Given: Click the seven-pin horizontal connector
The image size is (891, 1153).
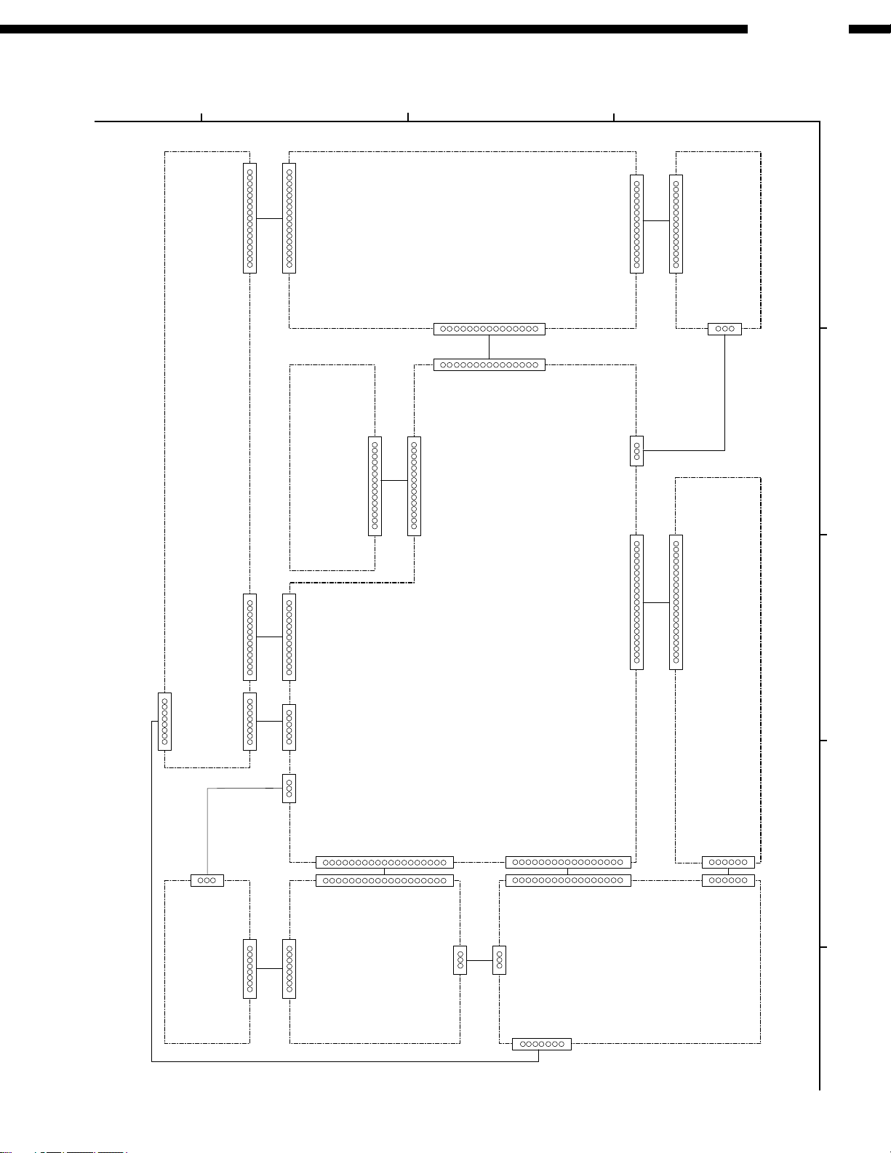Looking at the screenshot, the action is click(x=541, y=1044).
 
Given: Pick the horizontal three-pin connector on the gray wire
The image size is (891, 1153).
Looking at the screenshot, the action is click(x=207, y=880).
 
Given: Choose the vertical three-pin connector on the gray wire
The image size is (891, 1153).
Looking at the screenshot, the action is click(x=289, y=788).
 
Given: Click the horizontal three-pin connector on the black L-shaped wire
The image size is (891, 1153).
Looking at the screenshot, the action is click(x=724, y=329).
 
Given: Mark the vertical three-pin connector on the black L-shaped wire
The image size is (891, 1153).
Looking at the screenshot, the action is click(x=636, y=451).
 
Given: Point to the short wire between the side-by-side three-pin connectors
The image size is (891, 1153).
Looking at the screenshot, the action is click(x=479, y=961).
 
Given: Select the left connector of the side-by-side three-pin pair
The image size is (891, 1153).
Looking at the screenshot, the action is click(x=460, y=961).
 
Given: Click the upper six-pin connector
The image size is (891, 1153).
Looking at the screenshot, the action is click(x=728, y=862).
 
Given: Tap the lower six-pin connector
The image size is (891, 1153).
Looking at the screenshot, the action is click(x=728, y=880).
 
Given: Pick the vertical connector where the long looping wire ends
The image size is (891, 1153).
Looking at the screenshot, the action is click(x=164, y=722).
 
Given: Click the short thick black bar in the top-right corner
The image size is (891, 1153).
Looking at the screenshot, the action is click(x=869, y=30).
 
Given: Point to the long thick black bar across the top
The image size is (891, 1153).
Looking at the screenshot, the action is click(x=374, y=30).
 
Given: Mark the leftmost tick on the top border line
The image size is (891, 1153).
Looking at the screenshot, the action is click(x=201, y=116).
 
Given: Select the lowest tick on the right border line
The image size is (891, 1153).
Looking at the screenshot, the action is click(x=824, y=947).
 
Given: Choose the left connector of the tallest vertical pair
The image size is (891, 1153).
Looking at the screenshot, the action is click(x=636, y=602).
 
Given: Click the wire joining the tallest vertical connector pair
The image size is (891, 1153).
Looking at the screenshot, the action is click(x=656, y=602).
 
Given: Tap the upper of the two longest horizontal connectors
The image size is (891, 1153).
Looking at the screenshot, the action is click(x=384, y=862).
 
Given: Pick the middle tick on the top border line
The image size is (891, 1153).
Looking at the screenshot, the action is click(x=408, y=116).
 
